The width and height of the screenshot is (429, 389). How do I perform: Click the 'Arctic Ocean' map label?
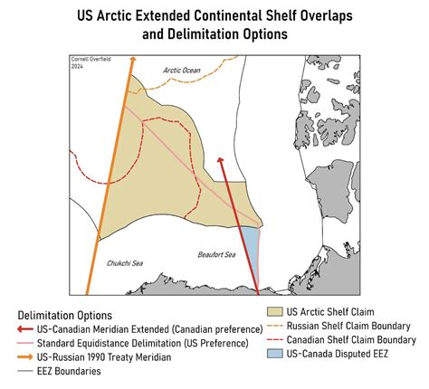click(x=180, y=69)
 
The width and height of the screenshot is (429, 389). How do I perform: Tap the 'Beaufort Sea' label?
click(x=216, y=254)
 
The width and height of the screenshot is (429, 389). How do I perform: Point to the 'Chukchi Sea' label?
click(x=126, y=263)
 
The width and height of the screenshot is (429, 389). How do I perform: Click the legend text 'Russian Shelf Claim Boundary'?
click(x=348, y=326)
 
